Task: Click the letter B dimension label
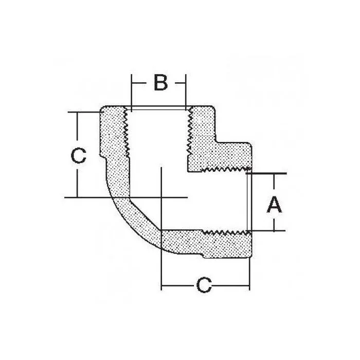[160, 82]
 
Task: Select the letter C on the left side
[78, 155]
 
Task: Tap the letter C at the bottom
[204, 285]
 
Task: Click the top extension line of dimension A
[267, 173]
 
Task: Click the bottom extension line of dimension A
[267, 231]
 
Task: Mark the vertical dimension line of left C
[77, 129]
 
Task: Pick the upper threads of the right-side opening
[226, 169]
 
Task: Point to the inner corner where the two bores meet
[187, 170]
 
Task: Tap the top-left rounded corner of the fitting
[102, 111]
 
